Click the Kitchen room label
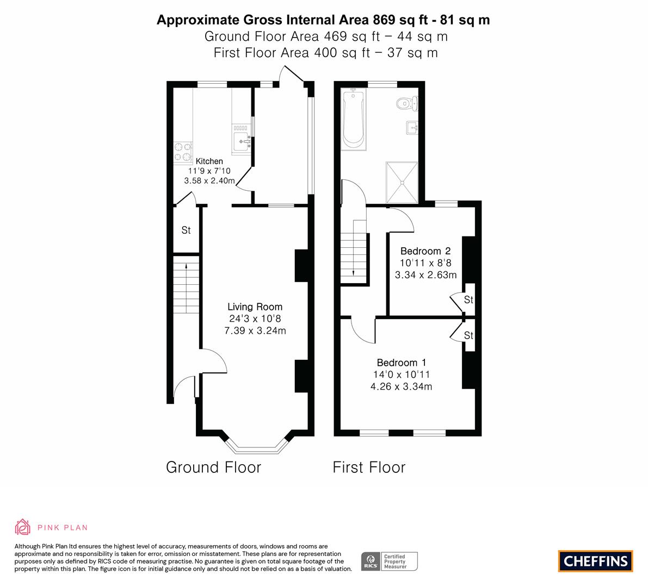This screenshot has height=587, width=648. [209, 161]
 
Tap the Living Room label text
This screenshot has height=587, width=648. [255, 307]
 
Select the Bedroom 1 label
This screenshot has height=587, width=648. [402, 363]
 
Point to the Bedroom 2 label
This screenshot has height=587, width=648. [425, 251]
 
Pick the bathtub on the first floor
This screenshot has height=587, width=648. [354, 119]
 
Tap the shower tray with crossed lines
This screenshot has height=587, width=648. [402, 183]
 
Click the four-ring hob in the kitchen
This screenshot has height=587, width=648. [183, 152]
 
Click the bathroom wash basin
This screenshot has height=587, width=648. [412, 128]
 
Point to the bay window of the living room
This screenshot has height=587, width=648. [256, 446]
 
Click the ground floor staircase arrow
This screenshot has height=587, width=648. [187, 288]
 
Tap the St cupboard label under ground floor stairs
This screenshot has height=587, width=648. [186, 230]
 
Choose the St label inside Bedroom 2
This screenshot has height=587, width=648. [468, 299]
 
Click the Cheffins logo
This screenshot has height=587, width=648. [596, 561]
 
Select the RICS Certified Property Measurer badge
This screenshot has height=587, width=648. [390, 561]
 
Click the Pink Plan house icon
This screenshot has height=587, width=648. [23, 527]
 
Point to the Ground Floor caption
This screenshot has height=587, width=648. [214, 467]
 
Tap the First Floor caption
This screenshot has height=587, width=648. [369, 467]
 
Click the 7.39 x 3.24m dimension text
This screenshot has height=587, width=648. [255, 330]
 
